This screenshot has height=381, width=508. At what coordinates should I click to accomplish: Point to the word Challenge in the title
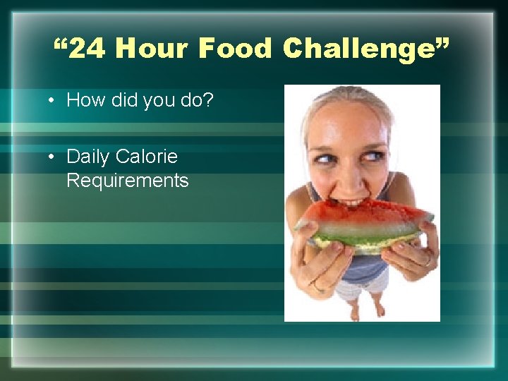[357, 49]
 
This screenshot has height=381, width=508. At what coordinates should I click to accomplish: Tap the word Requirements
[128, 181]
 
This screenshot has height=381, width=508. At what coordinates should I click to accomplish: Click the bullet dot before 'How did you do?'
[53, 100]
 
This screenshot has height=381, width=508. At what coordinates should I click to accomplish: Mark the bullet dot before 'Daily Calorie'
[53, 157]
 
